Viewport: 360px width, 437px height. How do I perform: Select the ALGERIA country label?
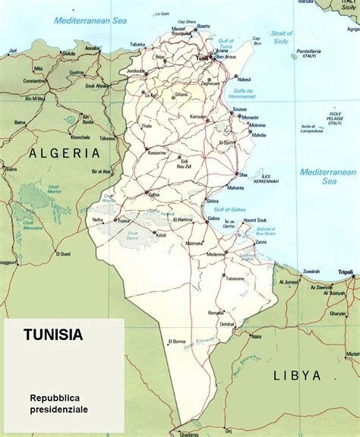click(65, 152)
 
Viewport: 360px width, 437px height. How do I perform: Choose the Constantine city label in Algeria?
click(35, 80)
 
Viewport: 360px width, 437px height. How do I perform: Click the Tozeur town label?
click(123, 221)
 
